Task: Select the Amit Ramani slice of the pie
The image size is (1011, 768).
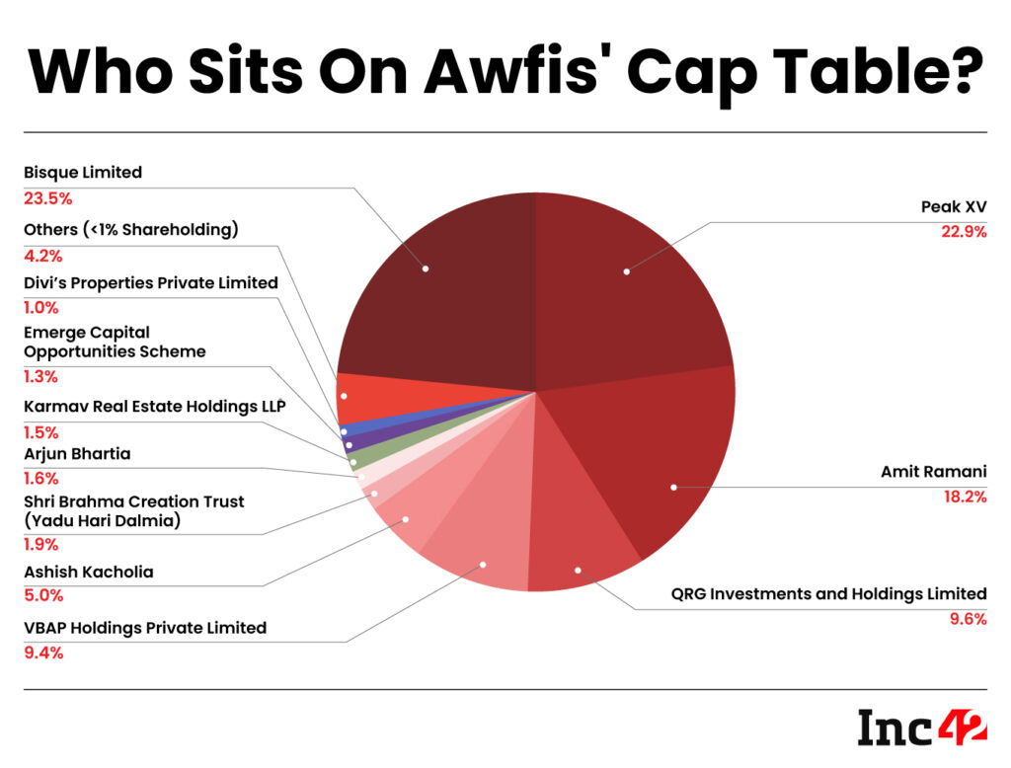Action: (x=661, y=464)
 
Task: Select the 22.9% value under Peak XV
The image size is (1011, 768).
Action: (x=961, y=233)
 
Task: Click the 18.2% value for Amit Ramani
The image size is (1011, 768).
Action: (x=961, y=497)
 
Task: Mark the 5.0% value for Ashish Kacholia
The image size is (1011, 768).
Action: (x=42, y=595)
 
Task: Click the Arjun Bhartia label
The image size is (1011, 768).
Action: (x=77, y=453)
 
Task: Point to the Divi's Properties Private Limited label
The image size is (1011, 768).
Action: (x=150, y=283)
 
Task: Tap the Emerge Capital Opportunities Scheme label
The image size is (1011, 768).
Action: (x=115, y=343)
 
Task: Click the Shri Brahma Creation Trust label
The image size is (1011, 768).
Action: (x=133, y=510)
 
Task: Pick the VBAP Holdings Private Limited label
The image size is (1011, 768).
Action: (x=145, y=627)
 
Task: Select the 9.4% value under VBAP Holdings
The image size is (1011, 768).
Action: (x=43, y=652)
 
